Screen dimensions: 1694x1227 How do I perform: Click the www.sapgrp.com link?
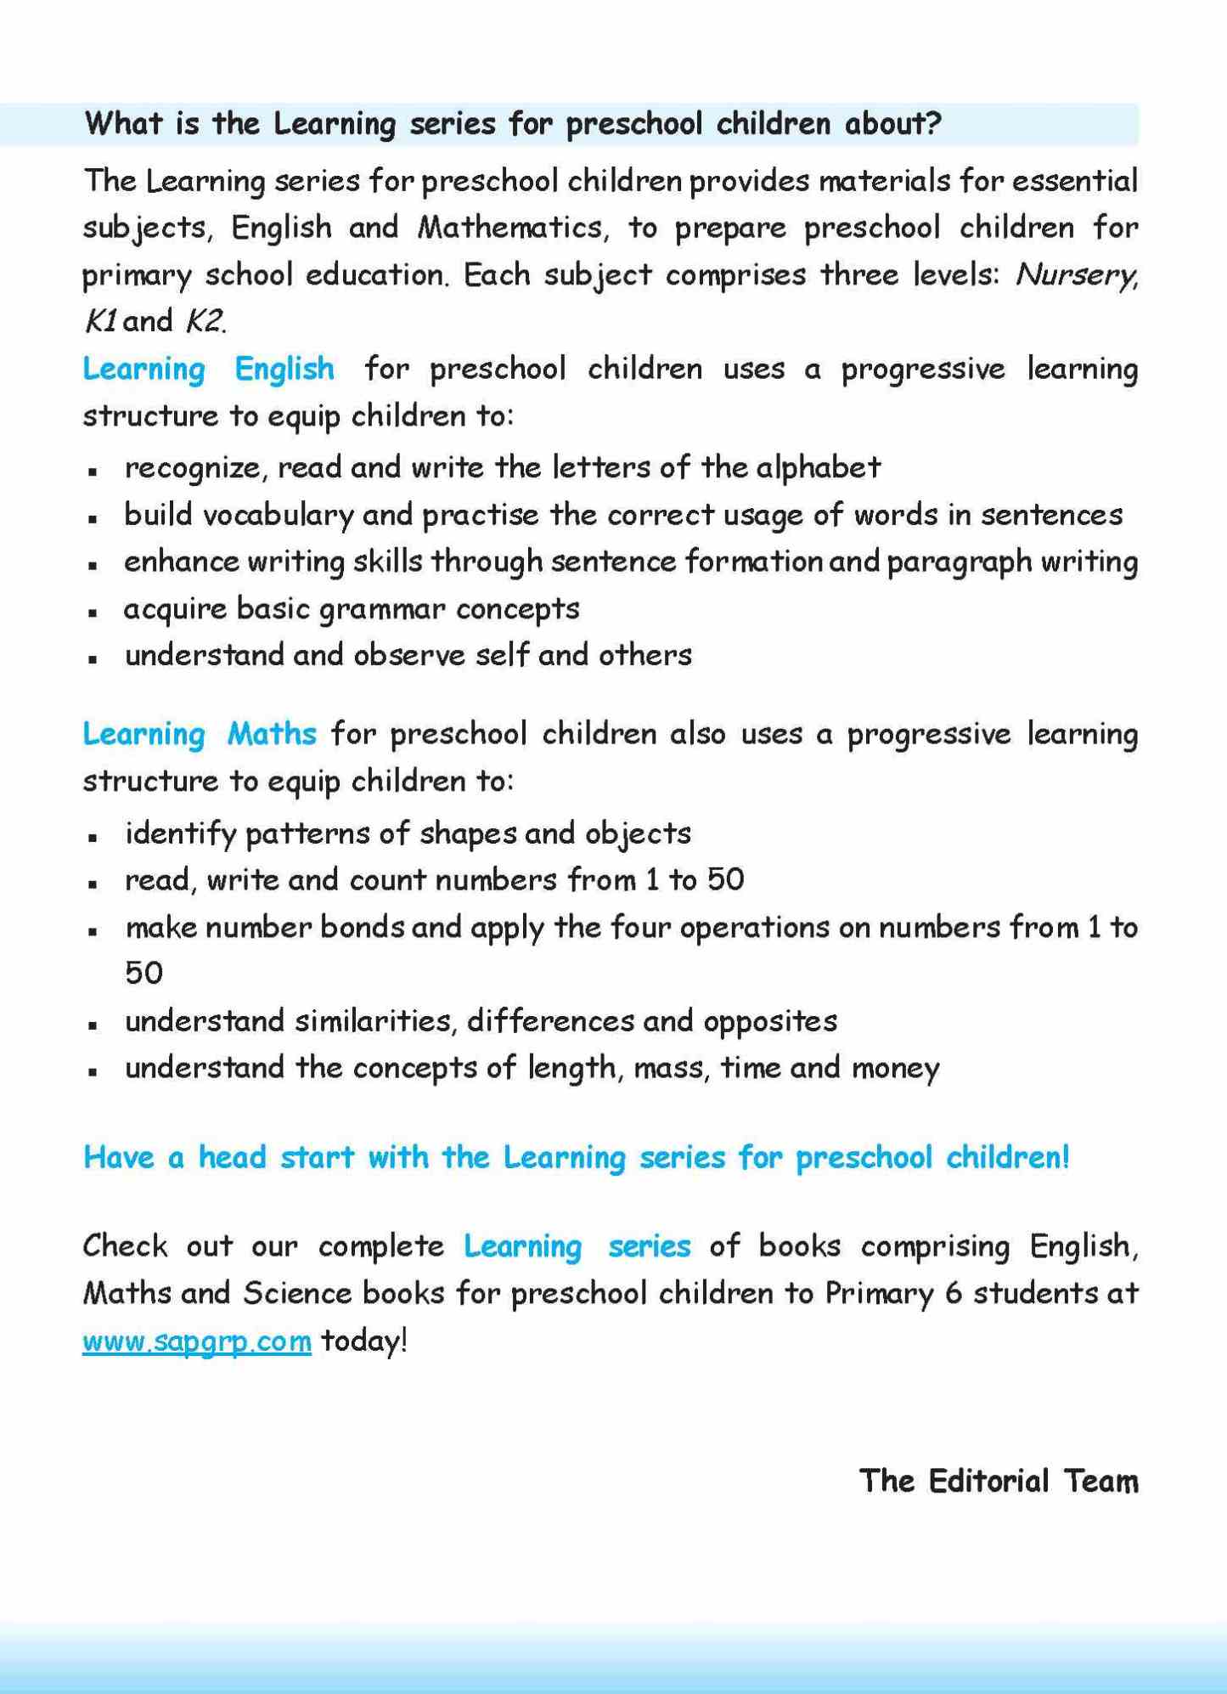point(197,1341)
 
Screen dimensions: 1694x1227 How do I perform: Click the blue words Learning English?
point(209,370)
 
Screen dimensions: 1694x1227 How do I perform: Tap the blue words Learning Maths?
point(200,734)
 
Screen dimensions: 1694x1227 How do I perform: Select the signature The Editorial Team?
point(999,1481)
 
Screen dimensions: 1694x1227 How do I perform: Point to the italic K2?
point(205,321)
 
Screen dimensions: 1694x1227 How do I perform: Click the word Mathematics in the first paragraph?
point(512,228)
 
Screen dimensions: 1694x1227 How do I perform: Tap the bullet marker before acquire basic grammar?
point(93,612)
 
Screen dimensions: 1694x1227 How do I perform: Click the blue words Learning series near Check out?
point(577,1246)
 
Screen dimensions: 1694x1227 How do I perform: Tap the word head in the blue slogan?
point(232,1157)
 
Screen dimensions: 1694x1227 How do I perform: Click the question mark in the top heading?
point(934,124)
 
